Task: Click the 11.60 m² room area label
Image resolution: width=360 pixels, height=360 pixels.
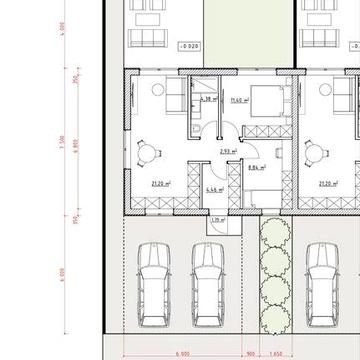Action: point(238,101)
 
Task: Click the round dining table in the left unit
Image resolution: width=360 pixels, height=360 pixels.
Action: point(148,152)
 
